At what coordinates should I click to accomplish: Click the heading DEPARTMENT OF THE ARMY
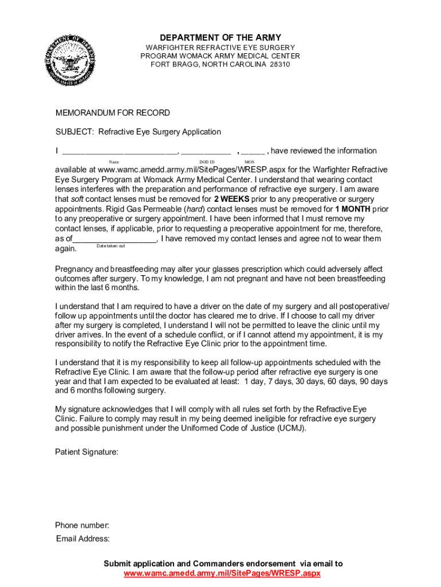[220, 38]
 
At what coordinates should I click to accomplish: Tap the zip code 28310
[281, 65]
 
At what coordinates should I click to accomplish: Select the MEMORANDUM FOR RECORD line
[112, 113]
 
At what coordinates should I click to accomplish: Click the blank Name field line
[119, 152]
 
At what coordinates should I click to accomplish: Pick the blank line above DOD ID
[206, 152]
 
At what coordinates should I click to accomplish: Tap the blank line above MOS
[253, 152]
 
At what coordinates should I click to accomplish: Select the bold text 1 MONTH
[353, 209]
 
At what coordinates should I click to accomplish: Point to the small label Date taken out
[111, 246]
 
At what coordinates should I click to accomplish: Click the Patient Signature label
[86, 452]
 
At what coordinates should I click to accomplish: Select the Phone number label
[82, 526]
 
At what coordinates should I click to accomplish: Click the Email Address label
[83, 539]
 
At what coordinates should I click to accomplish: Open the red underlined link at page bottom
[222, 574]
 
